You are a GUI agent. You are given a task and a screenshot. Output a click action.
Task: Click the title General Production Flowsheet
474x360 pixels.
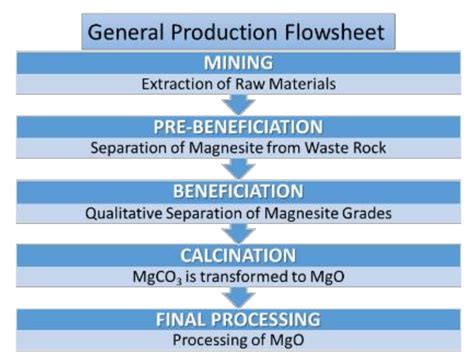coord(237,31)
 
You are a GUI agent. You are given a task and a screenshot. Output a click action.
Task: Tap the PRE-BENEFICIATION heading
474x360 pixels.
coord(237,128)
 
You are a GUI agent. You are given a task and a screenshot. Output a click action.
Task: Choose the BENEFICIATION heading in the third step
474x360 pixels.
coord(237,192)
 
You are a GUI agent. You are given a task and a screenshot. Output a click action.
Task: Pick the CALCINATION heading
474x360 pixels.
coord(237,256)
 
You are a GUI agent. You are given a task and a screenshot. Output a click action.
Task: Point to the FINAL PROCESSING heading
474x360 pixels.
coord(237,320)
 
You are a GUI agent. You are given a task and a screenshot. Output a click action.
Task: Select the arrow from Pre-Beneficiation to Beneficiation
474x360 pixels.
coord(237,169)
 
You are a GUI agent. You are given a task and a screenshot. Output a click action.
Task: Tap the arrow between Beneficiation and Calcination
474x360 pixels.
coord(237,233)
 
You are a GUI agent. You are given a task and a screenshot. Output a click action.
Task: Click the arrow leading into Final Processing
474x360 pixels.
coord(237,297)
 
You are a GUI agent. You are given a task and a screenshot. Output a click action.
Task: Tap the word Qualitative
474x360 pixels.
coord(134,212)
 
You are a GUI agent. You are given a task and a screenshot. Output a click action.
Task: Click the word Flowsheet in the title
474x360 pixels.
coord(335,31)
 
